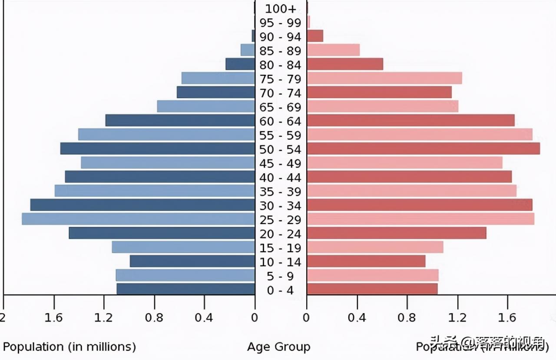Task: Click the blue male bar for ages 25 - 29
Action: point(138,219)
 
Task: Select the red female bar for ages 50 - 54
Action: point(423,149)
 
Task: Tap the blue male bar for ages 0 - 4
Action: point(185,289)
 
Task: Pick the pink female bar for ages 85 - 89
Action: point(333,50)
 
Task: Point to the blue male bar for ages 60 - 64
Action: point(180,120)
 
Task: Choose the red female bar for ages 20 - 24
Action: point(396,233)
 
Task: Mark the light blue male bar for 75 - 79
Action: point(218,78)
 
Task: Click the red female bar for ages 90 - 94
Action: point(315,36)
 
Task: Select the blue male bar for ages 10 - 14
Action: point(192,261)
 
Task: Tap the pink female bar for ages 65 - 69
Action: point(382,106)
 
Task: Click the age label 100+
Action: point(280,9)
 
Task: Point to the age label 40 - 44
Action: point(280,178)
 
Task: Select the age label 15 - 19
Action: point(280,248)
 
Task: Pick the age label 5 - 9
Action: point(280,276)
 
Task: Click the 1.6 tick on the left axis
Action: point(53,318)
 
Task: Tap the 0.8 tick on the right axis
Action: point(407,318)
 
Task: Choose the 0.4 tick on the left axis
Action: point(204,318)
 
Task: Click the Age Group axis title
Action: point(278,347)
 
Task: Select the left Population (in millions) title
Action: point(69,347)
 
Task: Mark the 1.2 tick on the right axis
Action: point(457,318)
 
